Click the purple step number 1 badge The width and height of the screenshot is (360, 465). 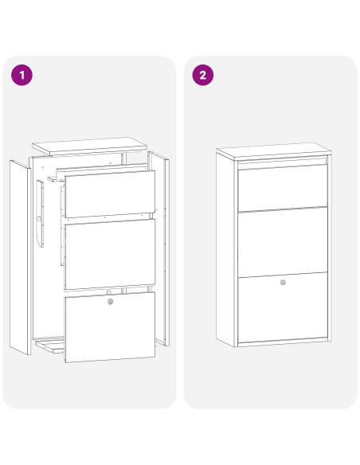[22, 75]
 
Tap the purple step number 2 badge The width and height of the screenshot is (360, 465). [203, 75]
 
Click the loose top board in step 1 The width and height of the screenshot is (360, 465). [89, 147]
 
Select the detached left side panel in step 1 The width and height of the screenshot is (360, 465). [20, 257]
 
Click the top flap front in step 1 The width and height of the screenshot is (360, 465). [110, 194]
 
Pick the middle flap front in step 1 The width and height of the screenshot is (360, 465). [110, 254]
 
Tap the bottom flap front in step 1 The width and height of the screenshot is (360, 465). [110, 327]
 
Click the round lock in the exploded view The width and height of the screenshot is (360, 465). [111, 302]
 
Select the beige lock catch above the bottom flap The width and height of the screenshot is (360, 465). [109, 292]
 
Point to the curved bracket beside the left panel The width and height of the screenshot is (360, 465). [41, 213]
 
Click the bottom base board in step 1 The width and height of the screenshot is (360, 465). [50, 346]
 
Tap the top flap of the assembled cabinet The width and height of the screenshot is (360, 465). [283, 187]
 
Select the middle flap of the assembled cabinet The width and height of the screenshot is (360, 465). [283, 243]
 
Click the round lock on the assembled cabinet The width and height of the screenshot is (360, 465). [283, 283]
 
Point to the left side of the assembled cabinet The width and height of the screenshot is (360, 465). [226, 249]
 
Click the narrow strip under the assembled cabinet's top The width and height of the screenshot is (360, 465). [283, 162]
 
